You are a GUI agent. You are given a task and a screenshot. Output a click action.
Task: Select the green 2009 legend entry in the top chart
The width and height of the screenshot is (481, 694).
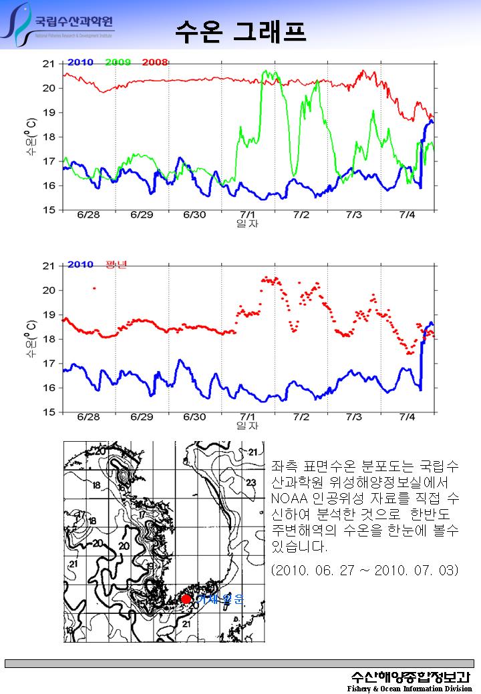click(118, 62)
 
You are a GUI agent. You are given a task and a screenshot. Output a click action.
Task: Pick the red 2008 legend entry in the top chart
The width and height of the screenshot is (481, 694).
click(155, 62)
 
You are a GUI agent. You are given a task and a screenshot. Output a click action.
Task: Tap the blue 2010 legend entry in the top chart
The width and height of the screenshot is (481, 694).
click(80, 62)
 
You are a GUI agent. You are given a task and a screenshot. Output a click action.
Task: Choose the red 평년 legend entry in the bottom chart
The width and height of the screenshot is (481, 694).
click(116, 264)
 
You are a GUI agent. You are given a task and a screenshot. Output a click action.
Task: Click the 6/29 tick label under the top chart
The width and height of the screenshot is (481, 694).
click(142, 215)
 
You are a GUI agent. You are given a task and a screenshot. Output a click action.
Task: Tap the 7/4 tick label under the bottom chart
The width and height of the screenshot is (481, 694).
click(407, 417)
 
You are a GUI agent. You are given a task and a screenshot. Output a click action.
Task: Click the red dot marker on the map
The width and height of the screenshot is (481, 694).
click(186, 599)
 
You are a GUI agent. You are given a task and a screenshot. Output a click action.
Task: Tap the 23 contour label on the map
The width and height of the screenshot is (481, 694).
click(251, 482)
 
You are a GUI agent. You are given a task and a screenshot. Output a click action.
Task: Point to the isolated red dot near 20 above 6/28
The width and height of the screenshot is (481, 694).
click(94, 288)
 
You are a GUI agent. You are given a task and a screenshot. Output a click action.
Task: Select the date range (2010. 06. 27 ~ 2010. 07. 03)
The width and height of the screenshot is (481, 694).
click(365, 571)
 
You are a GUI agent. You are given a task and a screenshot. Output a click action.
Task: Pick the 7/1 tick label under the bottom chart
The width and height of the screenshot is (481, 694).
click(248, 417)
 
